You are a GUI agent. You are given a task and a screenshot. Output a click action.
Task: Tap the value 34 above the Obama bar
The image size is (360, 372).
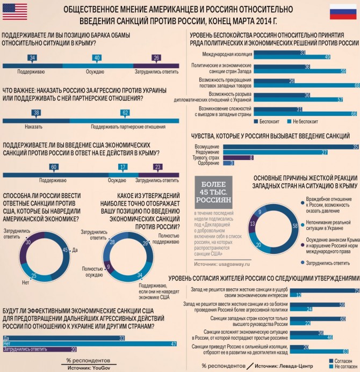[x=33, y=57]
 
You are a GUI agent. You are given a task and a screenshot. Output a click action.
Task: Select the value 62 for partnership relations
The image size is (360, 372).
[x=125, y=113]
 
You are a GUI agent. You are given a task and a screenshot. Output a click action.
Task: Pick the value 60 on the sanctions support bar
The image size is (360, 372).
[x=54, y=167]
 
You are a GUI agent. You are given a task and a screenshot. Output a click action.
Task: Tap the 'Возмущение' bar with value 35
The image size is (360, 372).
[x=291, y=147]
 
